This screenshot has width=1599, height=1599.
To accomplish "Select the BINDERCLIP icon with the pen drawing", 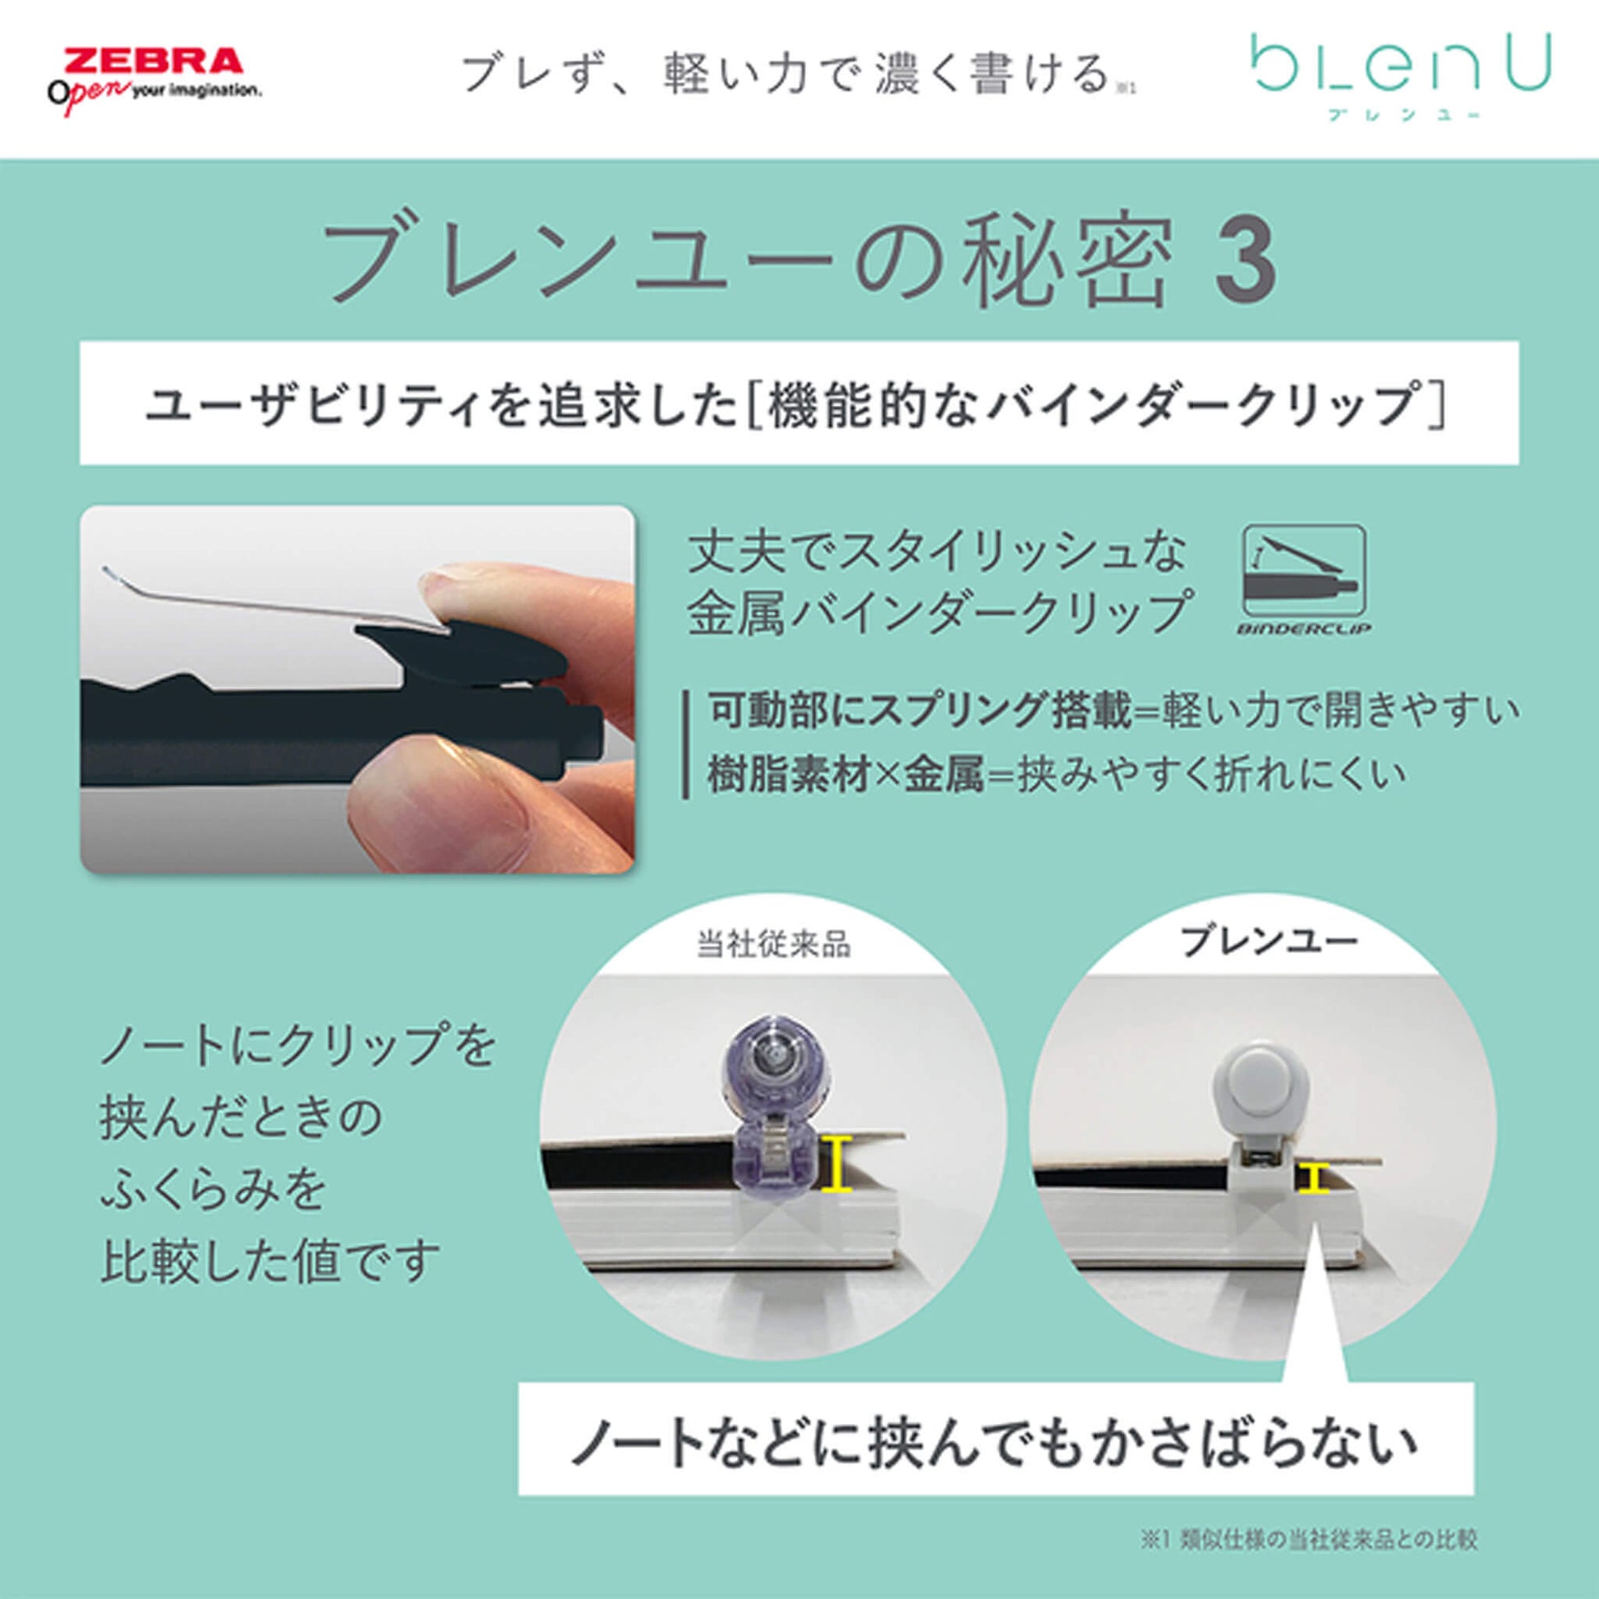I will pos(1303,578).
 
